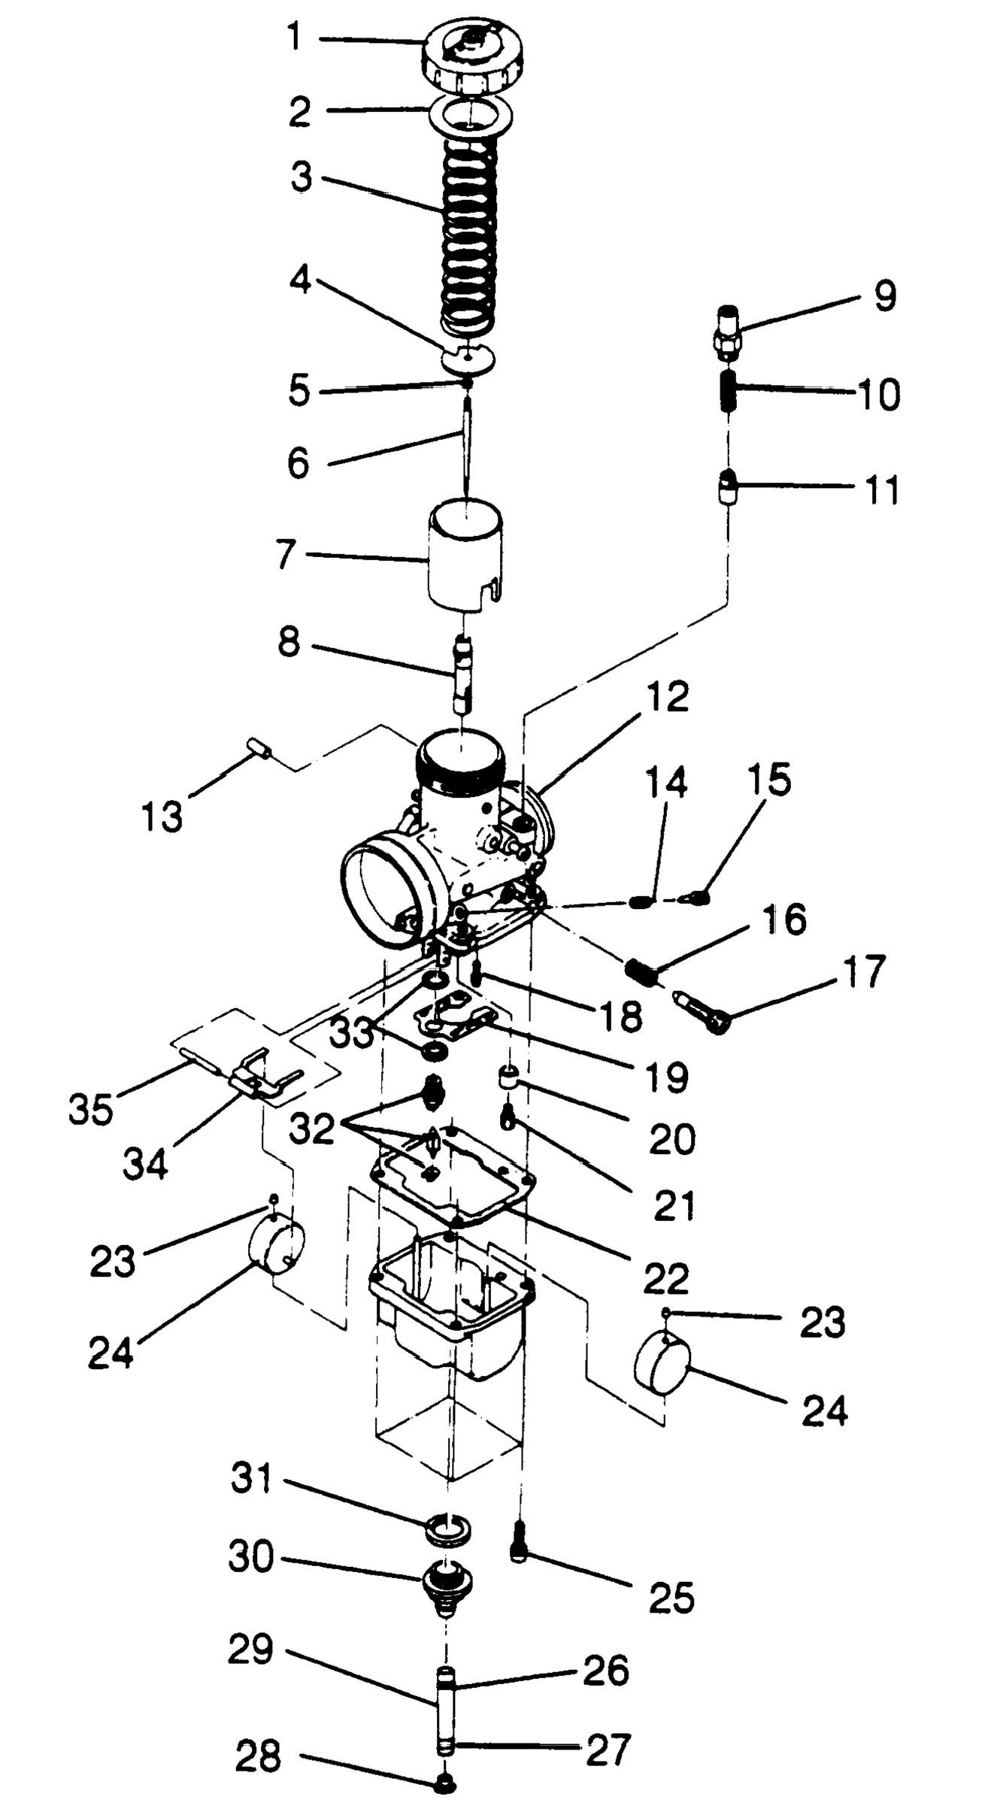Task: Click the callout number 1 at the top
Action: pos(295,38)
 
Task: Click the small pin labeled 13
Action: pos(260,749)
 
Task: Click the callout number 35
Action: pos(90,1107)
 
